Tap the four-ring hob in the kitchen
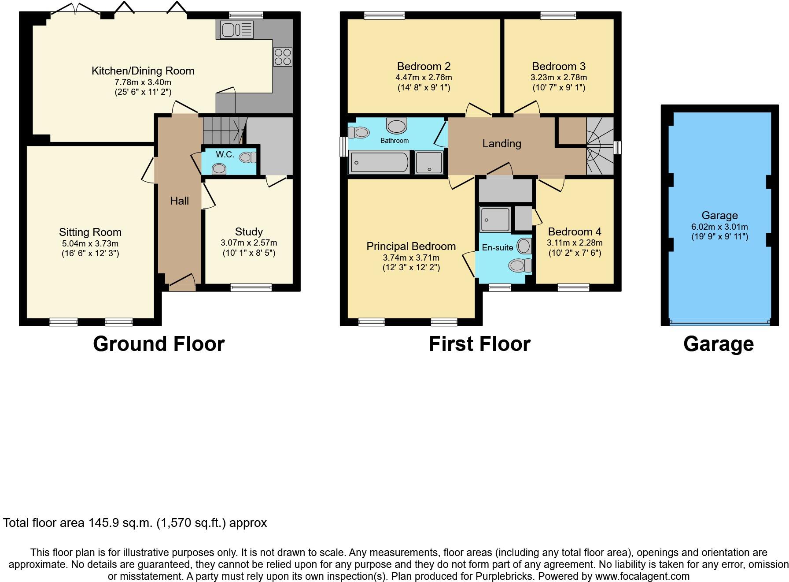pyautogui.click(x=282, y=57)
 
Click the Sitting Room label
pyautogui.click(x=90, y=232)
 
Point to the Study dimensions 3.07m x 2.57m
pyautogui.click(x=249, y=243)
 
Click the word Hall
pyautogui.click(x=179, y=201)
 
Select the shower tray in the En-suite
pyautogui.click(x=495, y=219)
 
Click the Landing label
pyautogui.click(x=501, y=143)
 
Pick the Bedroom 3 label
pyautogui.click(x=558, y=67)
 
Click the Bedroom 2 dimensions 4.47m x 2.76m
pyautogui.click(x=424, y=78)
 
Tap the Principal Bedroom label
pyautogui.click(x=411, y=246)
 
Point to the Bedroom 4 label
pyautogui.click(x=574, y=232)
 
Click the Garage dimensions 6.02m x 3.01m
pyautogui.click(x=719, y=227)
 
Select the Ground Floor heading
pyautogui.click(x=159, y=344)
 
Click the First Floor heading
pyautogui.click(x=479, y=344)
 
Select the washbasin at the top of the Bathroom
pyautogui.click(x=396, y=126)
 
